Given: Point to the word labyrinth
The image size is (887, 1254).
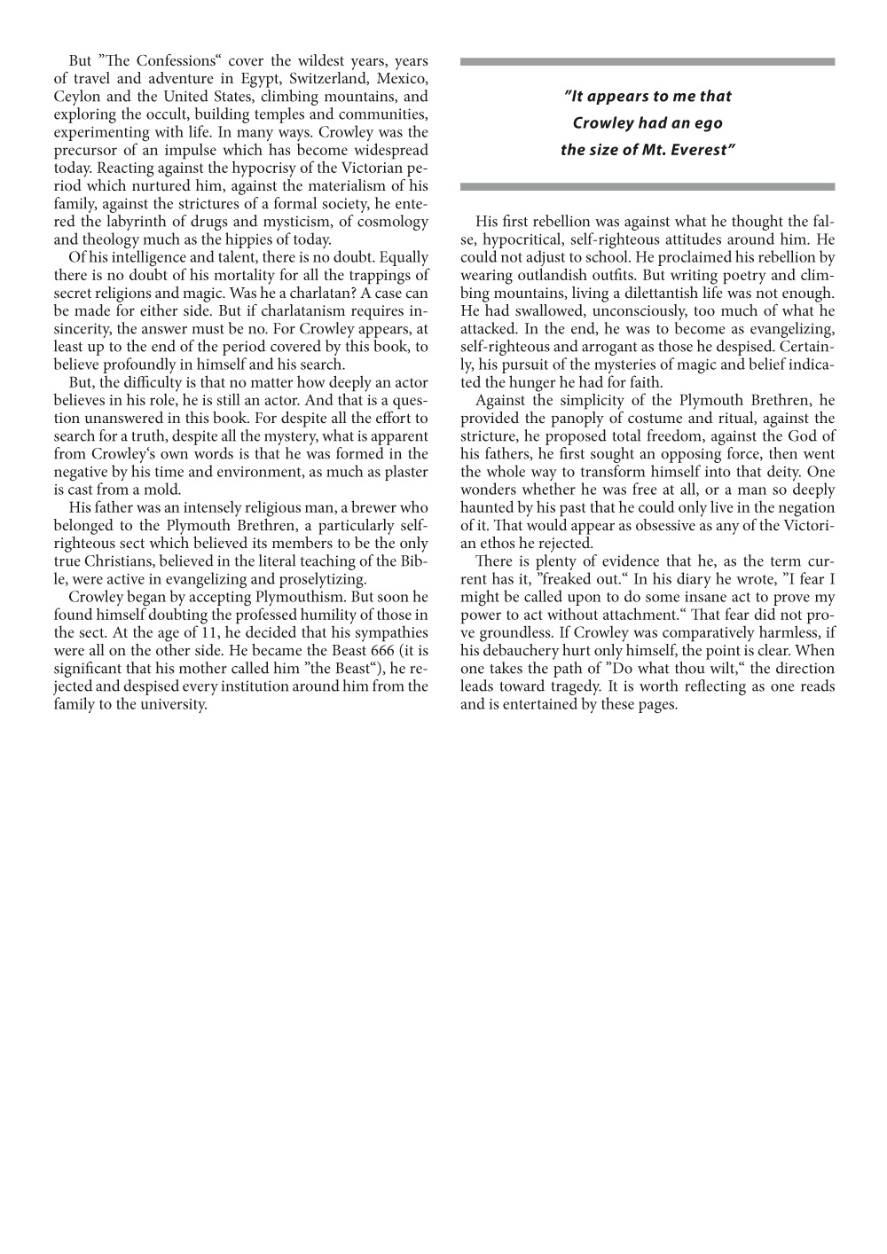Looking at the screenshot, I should pos(151,222).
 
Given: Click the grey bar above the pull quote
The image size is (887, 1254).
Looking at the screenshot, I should pos(648,62).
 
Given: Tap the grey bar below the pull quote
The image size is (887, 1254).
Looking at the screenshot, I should pos(648,187).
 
